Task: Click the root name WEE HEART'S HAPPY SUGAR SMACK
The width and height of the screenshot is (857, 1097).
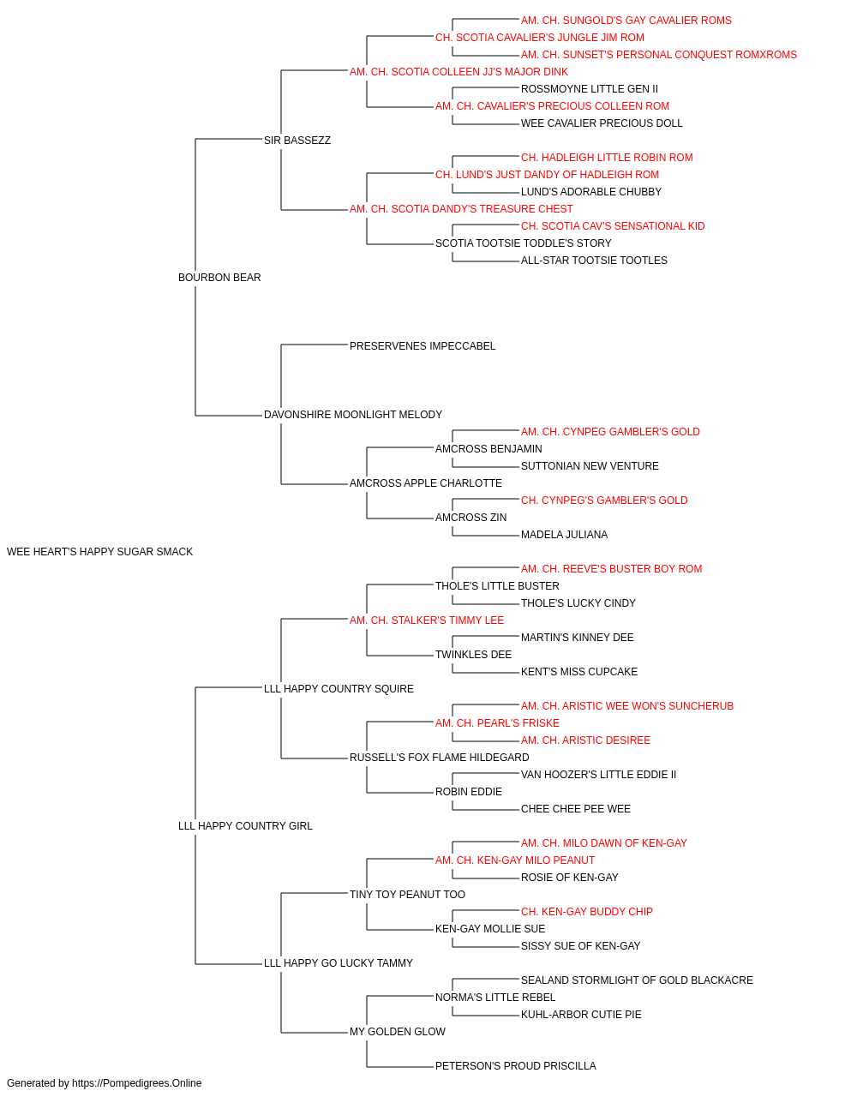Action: pos(99,552)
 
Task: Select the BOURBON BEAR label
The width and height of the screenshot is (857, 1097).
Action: pos(219,278)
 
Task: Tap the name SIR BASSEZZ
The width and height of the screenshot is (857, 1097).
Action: pos(297,141)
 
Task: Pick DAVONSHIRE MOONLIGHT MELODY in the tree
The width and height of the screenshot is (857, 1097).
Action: pos(353,415)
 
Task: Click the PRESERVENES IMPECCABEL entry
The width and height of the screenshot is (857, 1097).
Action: pos(423,346)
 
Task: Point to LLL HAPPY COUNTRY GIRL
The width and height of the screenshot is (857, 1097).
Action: pos(245,826)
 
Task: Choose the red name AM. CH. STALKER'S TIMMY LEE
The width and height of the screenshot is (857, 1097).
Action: pos(427,620)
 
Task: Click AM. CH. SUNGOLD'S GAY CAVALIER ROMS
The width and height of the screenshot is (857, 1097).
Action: pos(626,21)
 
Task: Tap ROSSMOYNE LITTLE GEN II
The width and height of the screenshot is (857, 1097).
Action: pos(590,89)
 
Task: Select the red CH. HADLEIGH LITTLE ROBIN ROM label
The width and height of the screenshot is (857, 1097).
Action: pos(607,158)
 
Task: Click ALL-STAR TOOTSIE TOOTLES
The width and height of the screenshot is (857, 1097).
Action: pos(594,261)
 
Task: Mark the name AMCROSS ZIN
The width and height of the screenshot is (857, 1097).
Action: pos(470,518)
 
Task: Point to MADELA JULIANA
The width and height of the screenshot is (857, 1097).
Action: pos(564,535)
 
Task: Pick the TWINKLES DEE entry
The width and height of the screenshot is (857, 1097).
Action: pos(473,655)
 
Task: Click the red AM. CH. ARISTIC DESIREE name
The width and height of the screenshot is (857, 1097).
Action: pos(585,740)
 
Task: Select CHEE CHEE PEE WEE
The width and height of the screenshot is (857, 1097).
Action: pos(576,809)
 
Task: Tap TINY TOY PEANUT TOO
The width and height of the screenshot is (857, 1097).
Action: pos(407,895)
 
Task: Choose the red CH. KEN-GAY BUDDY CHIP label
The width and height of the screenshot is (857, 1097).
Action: pos(587,912)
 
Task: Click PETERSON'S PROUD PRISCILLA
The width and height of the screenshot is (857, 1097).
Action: pos(516,1065)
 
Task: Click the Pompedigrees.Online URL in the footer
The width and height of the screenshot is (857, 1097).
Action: pos(136,1083)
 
